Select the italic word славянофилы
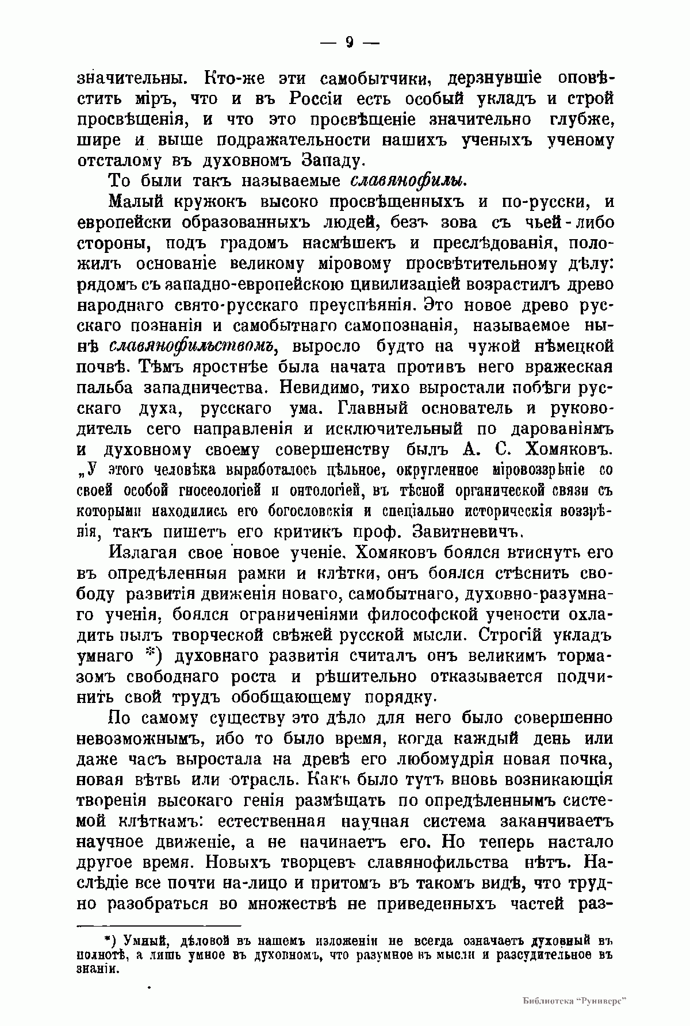(x=408, y=180)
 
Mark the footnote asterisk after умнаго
(x=151, y=655)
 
